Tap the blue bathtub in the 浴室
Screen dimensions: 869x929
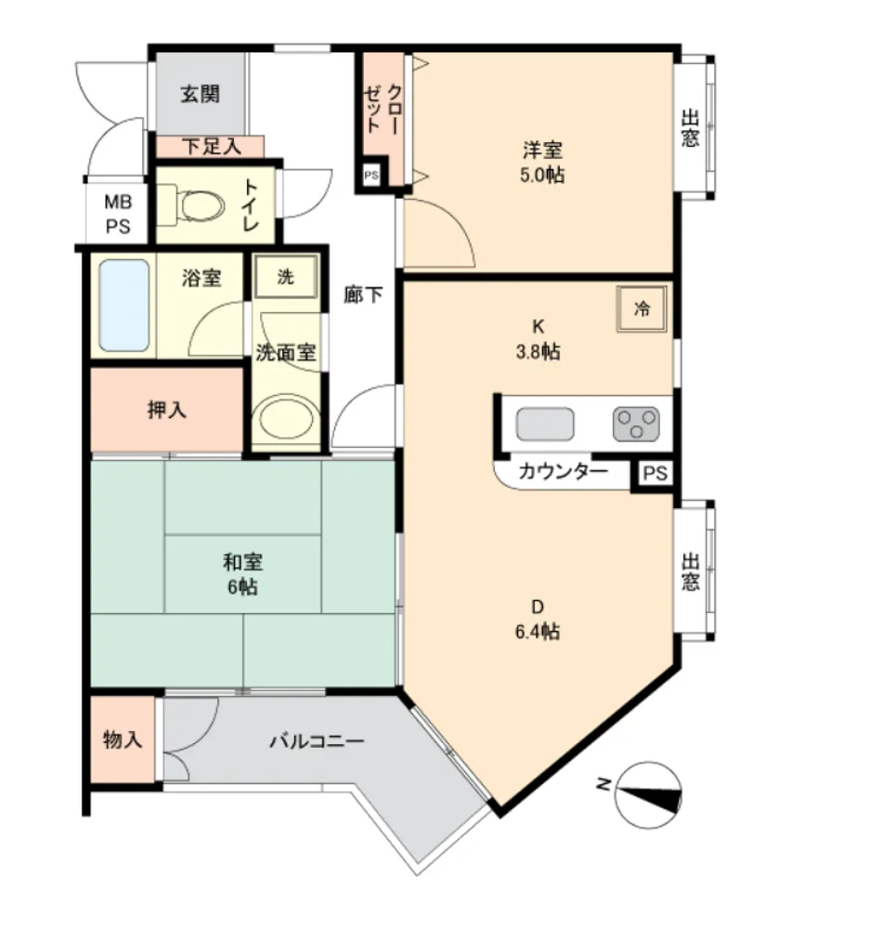[x=123, y=305]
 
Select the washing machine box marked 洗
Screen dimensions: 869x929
[x=286, y=277]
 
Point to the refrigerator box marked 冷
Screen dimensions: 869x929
[x=642, y=308]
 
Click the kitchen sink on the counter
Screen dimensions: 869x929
[x=545, y=425]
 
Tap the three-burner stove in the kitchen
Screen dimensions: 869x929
[x=636, y=425]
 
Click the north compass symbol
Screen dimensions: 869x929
[x=648, y=795]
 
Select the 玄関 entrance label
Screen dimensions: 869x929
[x=201, y=94]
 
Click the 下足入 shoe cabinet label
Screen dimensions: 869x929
[x=212, y=147]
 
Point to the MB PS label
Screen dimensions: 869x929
[x=118, y=214]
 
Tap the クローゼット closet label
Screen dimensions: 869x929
[x=383, y=109]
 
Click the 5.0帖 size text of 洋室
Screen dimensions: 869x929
[x=541, y=176]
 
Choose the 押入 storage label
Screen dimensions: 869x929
[x=167, y=410]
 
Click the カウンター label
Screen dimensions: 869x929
[x=563, y=472]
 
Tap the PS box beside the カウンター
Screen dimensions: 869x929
[x=655, y=474]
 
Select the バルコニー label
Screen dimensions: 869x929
[x=317, y=740]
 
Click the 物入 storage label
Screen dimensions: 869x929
[x=123, y=739]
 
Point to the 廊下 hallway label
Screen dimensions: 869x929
[x=363, y=294]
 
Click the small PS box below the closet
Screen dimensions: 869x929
[x=371, y=176]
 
